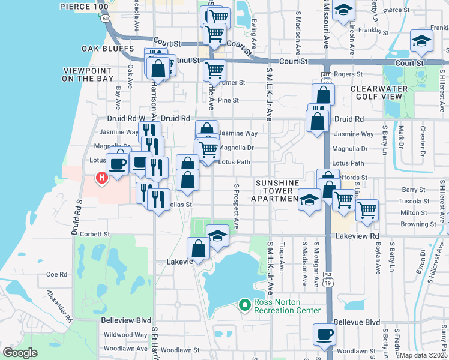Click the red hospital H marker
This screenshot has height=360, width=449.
101,178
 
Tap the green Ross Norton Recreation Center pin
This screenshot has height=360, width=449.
244,305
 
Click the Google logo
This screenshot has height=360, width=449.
20,353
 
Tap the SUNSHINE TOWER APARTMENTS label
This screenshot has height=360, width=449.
277,190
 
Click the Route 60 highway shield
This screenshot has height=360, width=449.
106,19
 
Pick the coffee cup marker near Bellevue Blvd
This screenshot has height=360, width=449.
324,334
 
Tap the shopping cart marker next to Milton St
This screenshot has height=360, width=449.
366,211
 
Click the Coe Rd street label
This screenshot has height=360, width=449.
56,274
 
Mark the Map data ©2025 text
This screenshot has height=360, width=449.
423,355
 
